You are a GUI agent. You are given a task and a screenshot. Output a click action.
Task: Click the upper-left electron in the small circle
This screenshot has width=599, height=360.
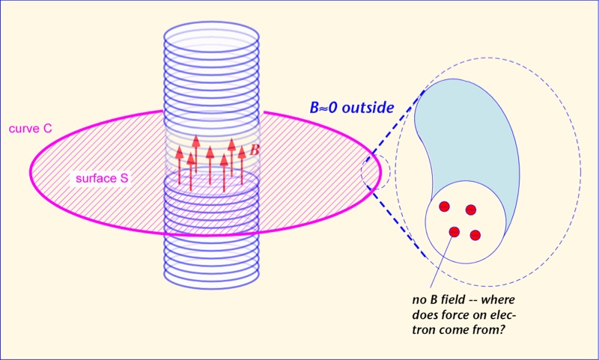pyautogui.click(x=443, y=207)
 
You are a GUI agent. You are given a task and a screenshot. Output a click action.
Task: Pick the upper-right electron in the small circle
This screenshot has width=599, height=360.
pyautogui.click(x=471, y=210)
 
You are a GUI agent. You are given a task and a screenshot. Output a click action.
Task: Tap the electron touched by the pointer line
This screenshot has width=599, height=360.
pyautogui.click(x=454, y=232)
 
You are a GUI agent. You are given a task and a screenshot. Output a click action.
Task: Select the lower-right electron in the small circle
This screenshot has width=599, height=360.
pyautogui.click(x=475, y=236)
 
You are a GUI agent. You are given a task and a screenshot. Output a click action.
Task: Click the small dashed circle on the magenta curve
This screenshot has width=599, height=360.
pyautogui.click(x=374, y=173)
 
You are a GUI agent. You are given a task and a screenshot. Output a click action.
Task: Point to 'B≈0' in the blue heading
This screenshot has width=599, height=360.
pyautogui.click(x=323, y=108)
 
